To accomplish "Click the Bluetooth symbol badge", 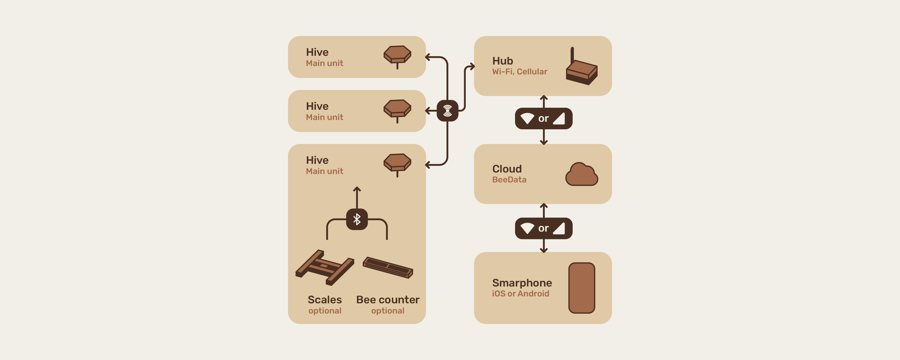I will click(x=357, y=220).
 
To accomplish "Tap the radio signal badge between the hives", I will click(x=447, y=111).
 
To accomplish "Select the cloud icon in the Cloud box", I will click(x=581, y=175).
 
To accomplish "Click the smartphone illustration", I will click(x=581, y=288).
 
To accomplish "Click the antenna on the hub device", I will click(x=572, y=55).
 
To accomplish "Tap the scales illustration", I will click(x=324, y=267).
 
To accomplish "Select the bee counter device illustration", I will click(x=388, y=267).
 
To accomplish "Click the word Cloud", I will click(x=507, y=169).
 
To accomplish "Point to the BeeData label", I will click(x=509, y=180).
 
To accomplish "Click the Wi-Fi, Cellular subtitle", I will click(x=519, y=72).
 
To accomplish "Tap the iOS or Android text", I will click(x=520, y=293).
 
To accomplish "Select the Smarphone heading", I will click(x=522, y=283).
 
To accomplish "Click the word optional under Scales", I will click(x=324, y=310).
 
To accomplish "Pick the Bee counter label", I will click(x=387, y=300).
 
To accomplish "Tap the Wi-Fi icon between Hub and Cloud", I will click(x=527, y=119).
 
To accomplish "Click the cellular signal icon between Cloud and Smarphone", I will click(x=558, y=229).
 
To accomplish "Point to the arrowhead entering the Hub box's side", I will click(x=472, y=67).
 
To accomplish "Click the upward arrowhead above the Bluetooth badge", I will click(x=357, y=189).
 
